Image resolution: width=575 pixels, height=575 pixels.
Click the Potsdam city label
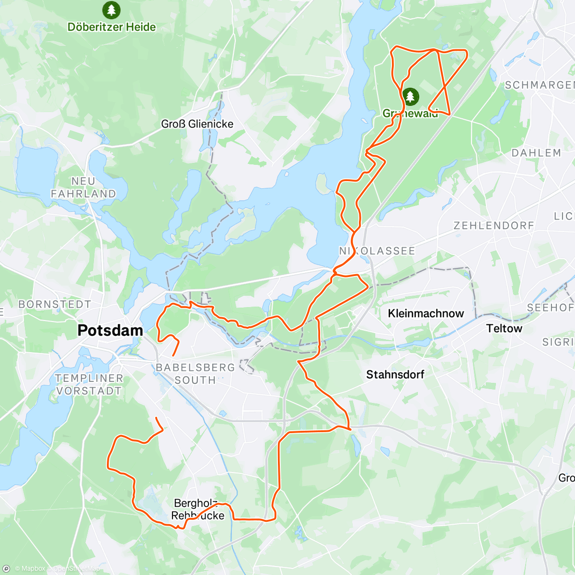[x=110, y=330]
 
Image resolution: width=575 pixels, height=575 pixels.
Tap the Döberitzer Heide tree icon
[x=111, y=10]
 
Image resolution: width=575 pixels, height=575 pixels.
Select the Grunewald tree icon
[x=410, y=96]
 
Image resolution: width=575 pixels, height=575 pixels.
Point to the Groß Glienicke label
[x=197, y=124]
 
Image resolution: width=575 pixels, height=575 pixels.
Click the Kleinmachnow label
[x=426, y=313]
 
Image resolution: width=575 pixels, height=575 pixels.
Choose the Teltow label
[x=504, y=328]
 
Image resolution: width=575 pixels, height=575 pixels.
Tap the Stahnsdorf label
[x=395, y=374]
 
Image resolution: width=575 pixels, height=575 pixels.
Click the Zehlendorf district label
[x=494, y=225]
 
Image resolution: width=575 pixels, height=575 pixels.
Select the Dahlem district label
[x=536, y=153]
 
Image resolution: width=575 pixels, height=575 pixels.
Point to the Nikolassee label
[x=377, y=251]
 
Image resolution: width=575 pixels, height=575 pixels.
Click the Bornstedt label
[x=55, y=304]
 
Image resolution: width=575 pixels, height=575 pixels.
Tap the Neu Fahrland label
[x=83, y=187]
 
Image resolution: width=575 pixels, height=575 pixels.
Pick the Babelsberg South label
[x=195, y=374]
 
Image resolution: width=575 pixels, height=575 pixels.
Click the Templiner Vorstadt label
[x=89, y=384]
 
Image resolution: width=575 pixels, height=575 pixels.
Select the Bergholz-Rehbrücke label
[x=198, y=509]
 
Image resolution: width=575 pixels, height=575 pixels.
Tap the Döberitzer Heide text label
[x=112, y=27]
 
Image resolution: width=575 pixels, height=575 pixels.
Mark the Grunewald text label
[x=410, y=114]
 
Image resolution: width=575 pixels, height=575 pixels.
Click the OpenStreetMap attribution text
[x=76, y=569]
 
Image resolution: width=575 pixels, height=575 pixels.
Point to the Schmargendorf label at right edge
[x=540, y=85]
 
